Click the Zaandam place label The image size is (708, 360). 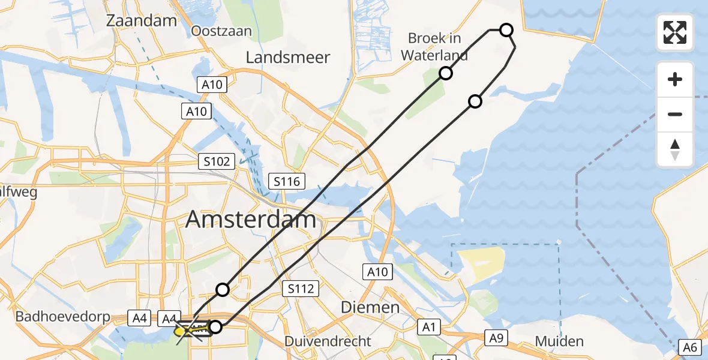pyautogui.click(x=142, y=20)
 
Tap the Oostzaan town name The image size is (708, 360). pyautogui.click(x=221, y=31)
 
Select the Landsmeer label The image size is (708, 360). pyautogui.click(x=288, y=58)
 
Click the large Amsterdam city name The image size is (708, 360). pyautogui.click(x=251, y=220)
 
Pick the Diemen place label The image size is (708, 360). pyautogui.click(x=370, y=307)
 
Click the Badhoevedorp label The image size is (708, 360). pyautogui.click(x=53, y=316)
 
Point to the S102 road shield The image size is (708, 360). pyautogui.click(x=217, y=161)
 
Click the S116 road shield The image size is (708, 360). pyautogui.click(x=287, y=181)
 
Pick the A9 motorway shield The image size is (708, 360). pyautogui.click(x=496, y=338)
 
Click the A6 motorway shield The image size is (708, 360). pyautogui.click(x=689, y=346)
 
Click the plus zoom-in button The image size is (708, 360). pyautogui.click(x=675, y=79)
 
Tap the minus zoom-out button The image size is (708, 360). pyautogui.click(x=675, y=114)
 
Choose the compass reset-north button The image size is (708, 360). pyautogui.click(x=675, y=149)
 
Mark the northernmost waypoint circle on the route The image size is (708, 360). pyautogui.click(x=506, y=29)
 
